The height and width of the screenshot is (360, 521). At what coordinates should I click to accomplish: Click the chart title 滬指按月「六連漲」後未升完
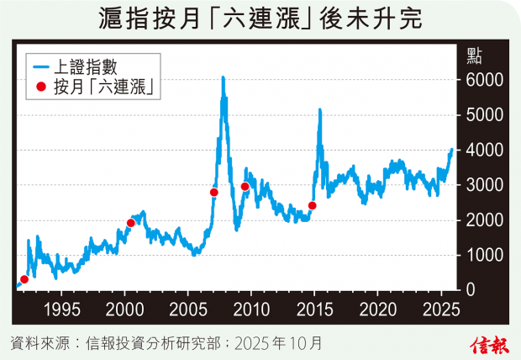[x=260, y=19]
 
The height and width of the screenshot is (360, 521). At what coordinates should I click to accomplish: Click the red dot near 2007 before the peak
[x=213, y=193]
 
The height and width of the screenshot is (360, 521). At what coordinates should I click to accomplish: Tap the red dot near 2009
[x=245, y=187]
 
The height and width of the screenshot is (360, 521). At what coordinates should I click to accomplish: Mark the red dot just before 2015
[x=312, y=205]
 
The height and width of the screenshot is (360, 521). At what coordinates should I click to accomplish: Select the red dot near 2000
[x=130, y=223]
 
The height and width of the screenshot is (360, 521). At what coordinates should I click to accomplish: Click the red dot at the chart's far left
[x=24, y=279]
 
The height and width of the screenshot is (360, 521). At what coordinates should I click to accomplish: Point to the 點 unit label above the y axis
[x=475, y=56]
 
